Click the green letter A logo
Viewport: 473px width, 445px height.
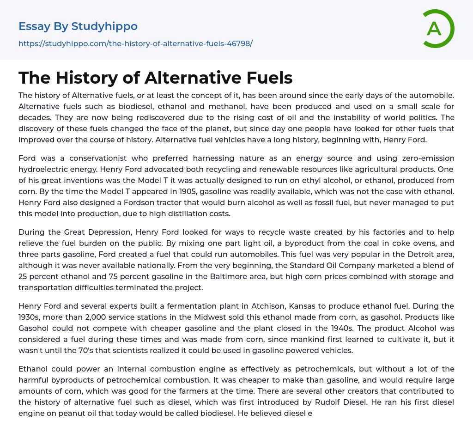(438, 29)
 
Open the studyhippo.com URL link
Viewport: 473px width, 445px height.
(135, 44)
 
